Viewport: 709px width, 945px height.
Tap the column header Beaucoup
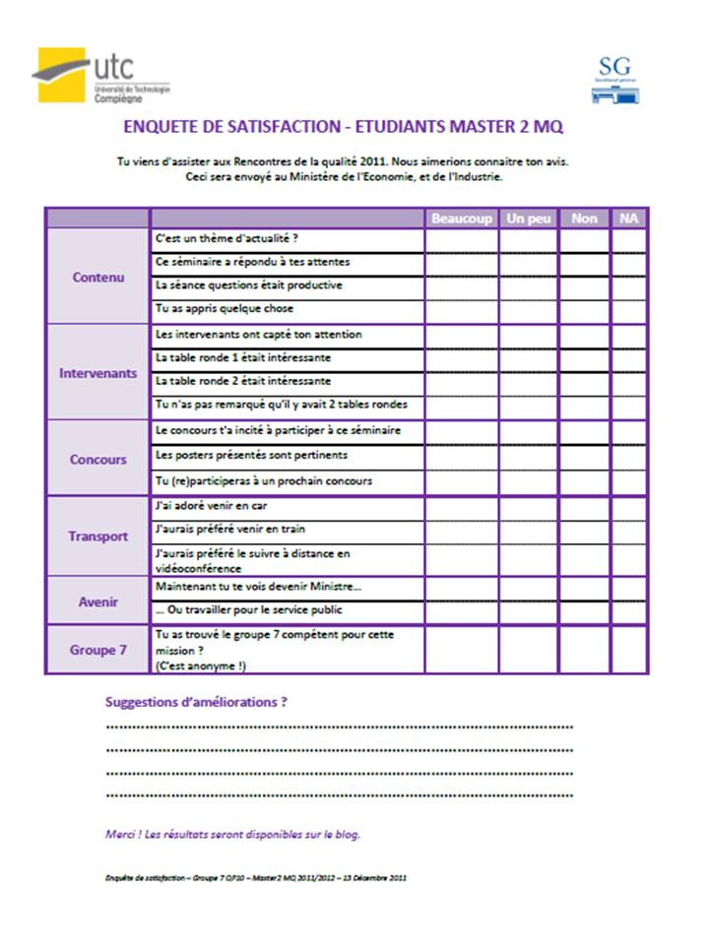(x=461, y=218)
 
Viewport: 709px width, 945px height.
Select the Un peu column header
(x=529, y=218)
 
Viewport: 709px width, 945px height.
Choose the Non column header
(x=584, y=218)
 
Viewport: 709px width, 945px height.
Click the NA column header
(x=628, y=218)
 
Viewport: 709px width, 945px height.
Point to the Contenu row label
(x=98, y=278)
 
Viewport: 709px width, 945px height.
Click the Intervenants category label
(x=98, y=374)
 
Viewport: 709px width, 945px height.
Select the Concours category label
(x=98, y=460)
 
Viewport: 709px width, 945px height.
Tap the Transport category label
(x=98, y=536)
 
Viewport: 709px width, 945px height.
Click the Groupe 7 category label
(x=98, y=651)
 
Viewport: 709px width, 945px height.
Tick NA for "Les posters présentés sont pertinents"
(x=628, y=456)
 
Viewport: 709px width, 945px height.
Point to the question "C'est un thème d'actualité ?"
(x=227, y=239)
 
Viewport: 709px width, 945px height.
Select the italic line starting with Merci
(x=233, y=834)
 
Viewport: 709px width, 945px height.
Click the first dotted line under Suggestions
(x=339, y=727)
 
